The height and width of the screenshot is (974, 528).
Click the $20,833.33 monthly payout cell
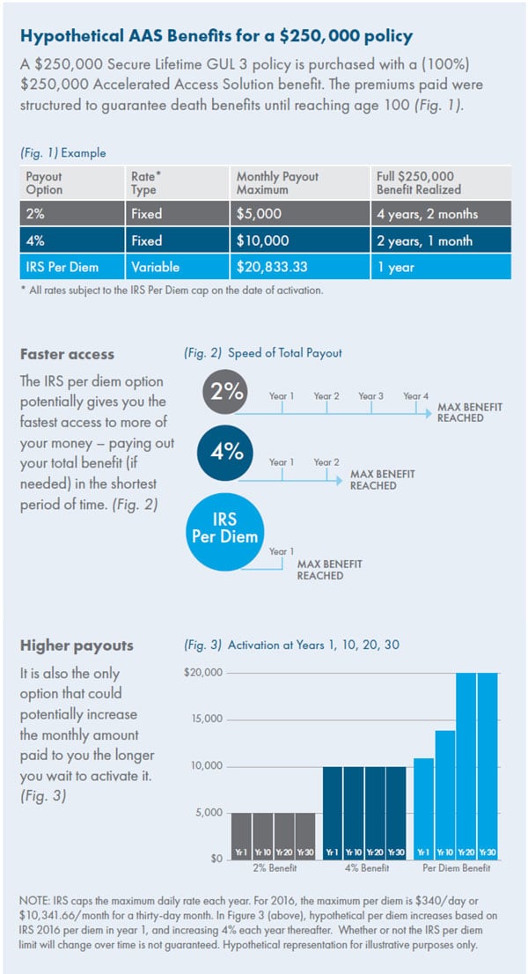(x=269, y=268)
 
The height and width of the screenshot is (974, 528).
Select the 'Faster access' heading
(x=68, y=356)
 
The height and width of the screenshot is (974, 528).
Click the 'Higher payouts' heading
(x=77, y=646)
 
